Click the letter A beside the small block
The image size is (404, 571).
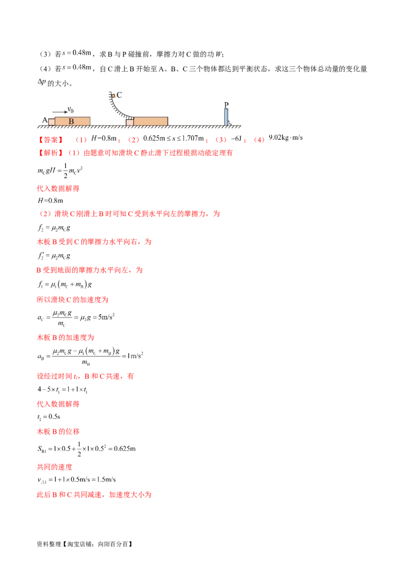pyautogui.click(x=44, y=121)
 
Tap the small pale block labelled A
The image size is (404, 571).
pyautogui.click(x=51, y=122)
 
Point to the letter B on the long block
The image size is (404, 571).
pyautogui.click(x=71, y=121)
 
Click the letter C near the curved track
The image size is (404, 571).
pyautogui.click(x=119, y=94)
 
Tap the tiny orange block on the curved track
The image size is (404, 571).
pyautogui.click(x=113, y=95)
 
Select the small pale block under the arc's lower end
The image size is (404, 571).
pyautogui.click(x=130, y=122)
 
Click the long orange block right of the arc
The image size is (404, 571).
pyautogui.click(x=151, y=121)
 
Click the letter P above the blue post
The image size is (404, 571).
pyautogui.click(x=226, y=105)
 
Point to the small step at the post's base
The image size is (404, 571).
pyautogui.click(x=229, y=123)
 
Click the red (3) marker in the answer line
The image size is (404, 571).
pyautogui.click(x=219, y=139)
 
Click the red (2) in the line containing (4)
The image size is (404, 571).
pyautogui.click(x=132, y=139)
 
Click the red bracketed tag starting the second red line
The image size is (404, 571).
pyautogui.click(x=50, y=153)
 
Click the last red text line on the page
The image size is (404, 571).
pyautogui.click(x=94, y=496)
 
